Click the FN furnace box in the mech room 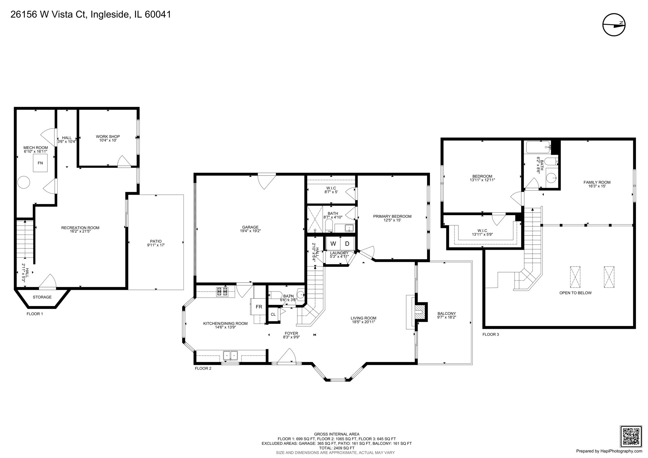pyautogui.click(x=40, y=163)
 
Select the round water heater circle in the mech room pyautogui.click(x=24, y=182)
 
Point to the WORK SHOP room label pyautogui.click(x=108, y=137)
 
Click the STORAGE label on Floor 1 pyautogui.click(x=42, y=297)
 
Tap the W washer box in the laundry pyautogui.click(x=333, y=244)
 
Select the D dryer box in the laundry pyautogui.click(x=347, y=244)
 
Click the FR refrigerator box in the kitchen pyautogui.click(x=259, y=307)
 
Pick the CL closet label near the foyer pyautogui.click(x=273, y=314)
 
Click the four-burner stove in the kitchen pyautogui.click(x=222, y=292)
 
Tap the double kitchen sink pyautogui.click(x=230, y=355)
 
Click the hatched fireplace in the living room pyautogui.click(x=420, y=312)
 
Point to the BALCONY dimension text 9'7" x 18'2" pyautogui.click(x=446, y=317)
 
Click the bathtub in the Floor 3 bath pyautogui.click(x=538, y=147)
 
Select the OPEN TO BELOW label pyautogui.click(x=575, y=293)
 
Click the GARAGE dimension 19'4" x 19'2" pyautogui.click(x=250, y=231)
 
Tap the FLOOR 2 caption pyautogui.click(x=203, y=368)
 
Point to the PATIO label pyautogui.click(x=156, y=241)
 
